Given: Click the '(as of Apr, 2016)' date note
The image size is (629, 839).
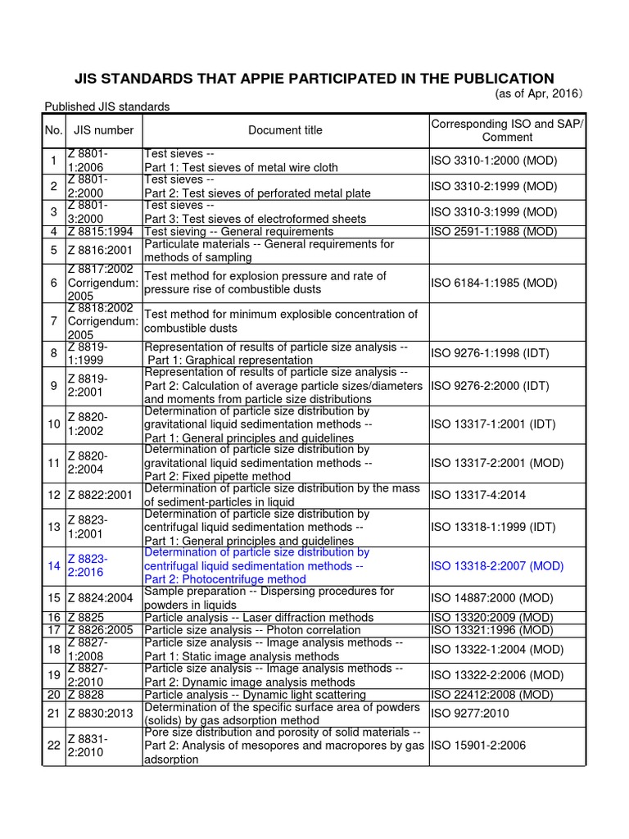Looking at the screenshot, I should click(x=540, y=94).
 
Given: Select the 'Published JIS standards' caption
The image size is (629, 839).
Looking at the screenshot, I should click(x=107, y=107).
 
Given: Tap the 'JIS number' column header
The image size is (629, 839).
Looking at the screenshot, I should click(x=103, y=129).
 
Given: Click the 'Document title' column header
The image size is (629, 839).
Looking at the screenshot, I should click(x=285, y=129).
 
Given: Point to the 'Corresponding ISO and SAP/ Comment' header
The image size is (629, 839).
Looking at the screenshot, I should click(x=508, y=129).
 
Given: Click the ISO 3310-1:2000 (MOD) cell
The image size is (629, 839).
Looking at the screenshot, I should click(x=494, y=161).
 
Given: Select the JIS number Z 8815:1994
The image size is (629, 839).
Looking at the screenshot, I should click(x=103, y=231).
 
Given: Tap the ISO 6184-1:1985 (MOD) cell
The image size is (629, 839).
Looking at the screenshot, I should click(x=494, y=283).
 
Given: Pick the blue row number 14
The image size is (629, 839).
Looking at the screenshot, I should click(x=54, y=565).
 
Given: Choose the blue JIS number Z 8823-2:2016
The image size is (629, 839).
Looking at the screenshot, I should click(x=88, y=565).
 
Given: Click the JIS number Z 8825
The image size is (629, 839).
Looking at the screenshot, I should click(x=86, y=617).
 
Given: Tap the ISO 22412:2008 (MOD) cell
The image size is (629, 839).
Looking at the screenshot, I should click(x=493, y=695).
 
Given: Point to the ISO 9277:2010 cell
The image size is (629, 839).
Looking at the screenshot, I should click(x=470, y=714).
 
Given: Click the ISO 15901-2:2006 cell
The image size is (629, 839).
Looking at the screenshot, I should click(x=479, y=746).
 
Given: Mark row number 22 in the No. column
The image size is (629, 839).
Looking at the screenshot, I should click(x=54, y=746).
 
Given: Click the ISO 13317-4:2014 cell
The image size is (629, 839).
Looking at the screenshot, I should click(x=479, y=495).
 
